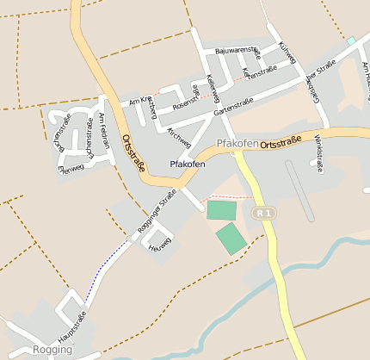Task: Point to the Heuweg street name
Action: pyautogui.click(x=160, y=244)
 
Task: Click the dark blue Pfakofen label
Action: pyautogui.click(x=188, y=164)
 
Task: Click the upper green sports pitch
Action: pyautogui.click(x=220, y=209)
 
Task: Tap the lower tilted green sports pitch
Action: pyautogui.click(x=231, y=238)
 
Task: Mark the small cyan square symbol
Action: pyautogui.click(x=350, y=40)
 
